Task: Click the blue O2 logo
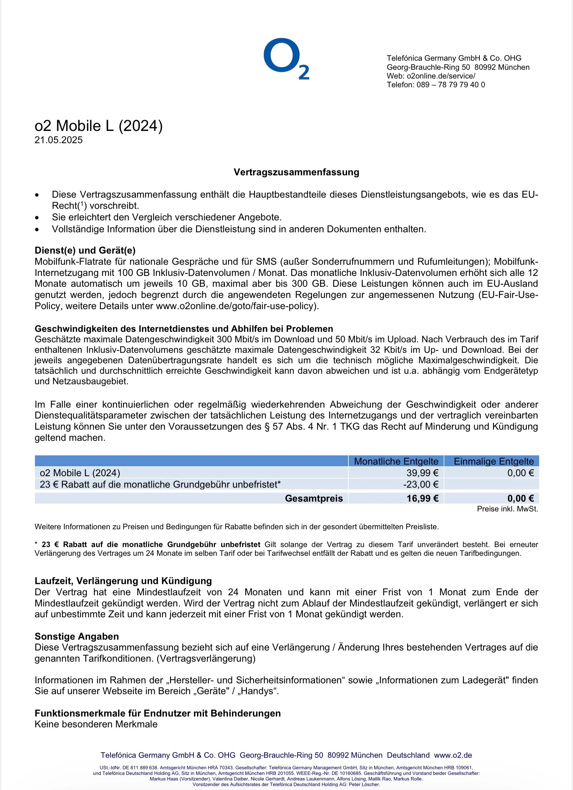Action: coord(286,58)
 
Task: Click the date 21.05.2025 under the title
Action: coord(59,140)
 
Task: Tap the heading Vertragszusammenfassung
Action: coord(296,172)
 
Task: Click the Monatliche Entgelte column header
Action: coord(396,461)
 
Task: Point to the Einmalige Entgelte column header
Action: coord(493,461)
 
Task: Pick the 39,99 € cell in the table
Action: coord(422,473)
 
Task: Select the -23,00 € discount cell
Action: coord(421,484)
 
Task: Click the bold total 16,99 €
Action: coord(422,498)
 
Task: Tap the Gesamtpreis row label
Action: coord(314,498)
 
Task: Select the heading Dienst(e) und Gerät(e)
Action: coord(85,251)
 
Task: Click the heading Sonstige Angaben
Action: coord(77,636)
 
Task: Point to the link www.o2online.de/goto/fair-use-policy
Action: coord(236,306)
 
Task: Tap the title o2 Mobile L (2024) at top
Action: coord(99,126)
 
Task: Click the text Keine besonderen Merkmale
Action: coord(96,724)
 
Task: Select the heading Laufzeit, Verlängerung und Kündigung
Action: coord(123,581)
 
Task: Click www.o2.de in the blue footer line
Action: coord(453,755)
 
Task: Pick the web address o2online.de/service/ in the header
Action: coord(441,76)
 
